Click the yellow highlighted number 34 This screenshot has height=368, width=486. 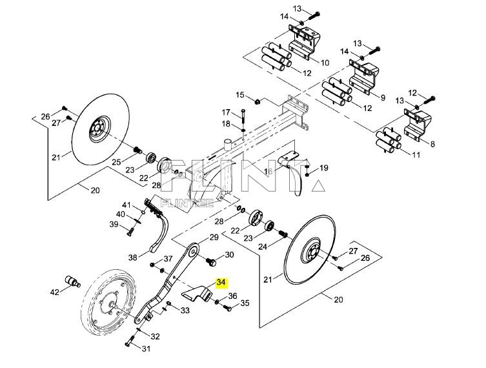(221, 283)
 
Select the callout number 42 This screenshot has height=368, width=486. (55, 292)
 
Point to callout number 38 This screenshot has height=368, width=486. (132, 257)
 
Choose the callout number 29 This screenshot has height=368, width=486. (214, 238)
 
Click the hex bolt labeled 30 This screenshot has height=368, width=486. (209, 261)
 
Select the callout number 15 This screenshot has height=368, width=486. (240, 95)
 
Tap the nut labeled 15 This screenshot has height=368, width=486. (257, 101)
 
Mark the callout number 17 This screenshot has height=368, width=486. (227, 112)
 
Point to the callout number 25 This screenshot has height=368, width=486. (117, 161)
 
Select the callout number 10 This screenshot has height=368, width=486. (325, 63)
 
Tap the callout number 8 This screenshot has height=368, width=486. (432, 144)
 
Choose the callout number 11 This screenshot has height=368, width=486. (414, 155)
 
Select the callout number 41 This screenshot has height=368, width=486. (127, 205)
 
